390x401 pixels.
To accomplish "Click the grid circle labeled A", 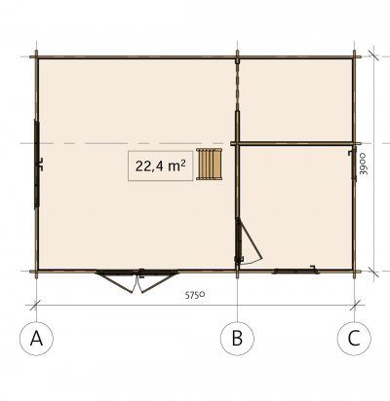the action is (x=36, y=339).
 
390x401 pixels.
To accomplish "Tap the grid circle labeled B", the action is (x=237, y=339).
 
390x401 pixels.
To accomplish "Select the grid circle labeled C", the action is (x=354, y=339).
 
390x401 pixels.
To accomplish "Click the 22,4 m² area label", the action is (x=161, y=165).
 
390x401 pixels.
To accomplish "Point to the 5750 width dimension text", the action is (x=195, y=295).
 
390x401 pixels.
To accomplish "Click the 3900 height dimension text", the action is (x=365, y=164).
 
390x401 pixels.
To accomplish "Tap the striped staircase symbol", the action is (x=210, y=164).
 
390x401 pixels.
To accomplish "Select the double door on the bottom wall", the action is (x=136, y=280).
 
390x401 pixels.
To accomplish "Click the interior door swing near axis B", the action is (x=248, y=241).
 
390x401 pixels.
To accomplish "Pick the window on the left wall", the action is (x=37, y=164).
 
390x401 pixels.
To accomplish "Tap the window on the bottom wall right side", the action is (x=295, y=271).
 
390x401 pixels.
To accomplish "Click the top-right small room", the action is (x=295, y=100).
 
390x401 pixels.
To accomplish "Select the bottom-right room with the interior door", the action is (x=296, y=207).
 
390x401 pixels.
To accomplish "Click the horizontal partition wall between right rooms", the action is (x=295, y=143).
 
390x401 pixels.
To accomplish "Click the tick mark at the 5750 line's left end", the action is (x=35, y=306).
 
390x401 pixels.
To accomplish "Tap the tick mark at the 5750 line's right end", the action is (x=355, y=306).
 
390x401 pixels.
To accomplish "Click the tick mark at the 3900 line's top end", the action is (x=373, y=55).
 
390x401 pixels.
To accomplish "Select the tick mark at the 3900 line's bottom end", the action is (x=373, y=272).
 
